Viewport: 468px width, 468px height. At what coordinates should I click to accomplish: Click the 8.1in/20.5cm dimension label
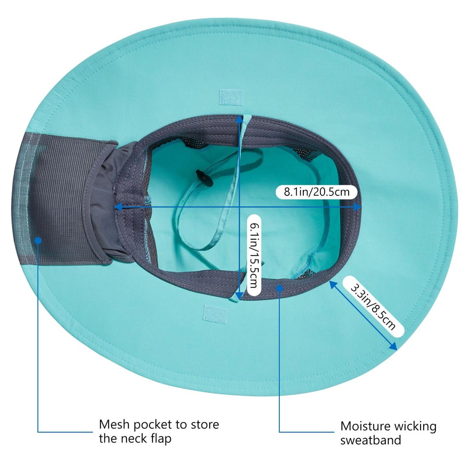pos(317,192)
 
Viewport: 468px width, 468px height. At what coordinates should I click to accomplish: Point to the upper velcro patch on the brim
pos(231,97)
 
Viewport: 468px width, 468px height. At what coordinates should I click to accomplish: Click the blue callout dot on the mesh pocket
pos(38,240)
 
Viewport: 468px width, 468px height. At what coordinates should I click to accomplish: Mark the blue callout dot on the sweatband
pos(280,288)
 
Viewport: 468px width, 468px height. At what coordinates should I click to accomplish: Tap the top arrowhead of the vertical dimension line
pos(239,119)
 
